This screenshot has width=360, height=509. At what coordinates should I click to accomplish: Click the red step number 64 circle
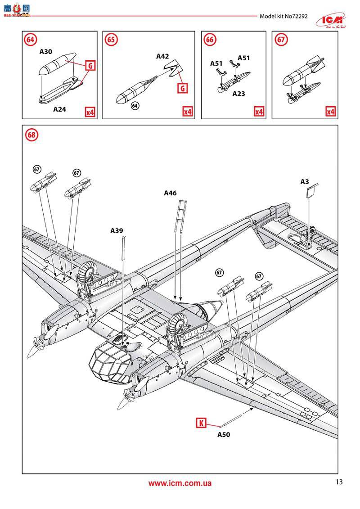click(x=30, y=40)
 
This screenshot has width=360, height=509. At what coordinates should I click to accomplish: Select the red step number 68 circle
click(x=30, y=134)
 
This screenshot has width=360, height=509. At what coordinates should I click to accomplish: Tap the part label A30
click(x=45, y=52)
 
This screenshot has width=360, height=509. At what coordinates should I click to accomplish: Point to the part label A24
click(x=60, y=109)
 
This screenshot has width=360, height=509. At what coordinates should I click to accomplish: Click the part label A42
click(x=162, y=56)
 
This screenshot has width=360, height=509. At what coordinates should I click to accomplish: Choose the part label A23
click(x=238, y=94)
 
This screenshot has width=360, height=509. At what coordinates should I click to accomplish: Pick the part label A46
click(x=170, y=193)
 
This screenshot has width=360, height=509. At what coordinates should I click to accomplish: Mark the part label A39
click(x=117, y=230)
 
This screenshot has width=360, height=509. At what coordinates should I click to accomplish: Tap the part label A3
click(x=305, y=182)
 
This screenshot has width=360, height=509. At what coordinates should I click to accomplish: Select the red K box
click(x=201, y=423)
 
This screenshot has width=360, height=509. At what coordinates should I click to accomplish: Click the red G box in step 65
click(x=183, y=88)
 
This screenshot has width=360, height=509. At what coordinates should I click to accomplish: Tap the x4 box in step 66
click(x=259, y=111)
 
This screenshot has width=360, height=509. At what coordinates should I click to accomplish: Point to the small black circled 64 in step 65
click(x=135, y=106)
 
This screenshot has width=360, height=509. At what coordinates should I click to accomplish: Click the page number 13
click(x=339, y=482)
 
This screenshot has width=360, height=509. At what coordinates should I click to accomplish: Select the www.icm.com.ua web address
click(x=180, y=483)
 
